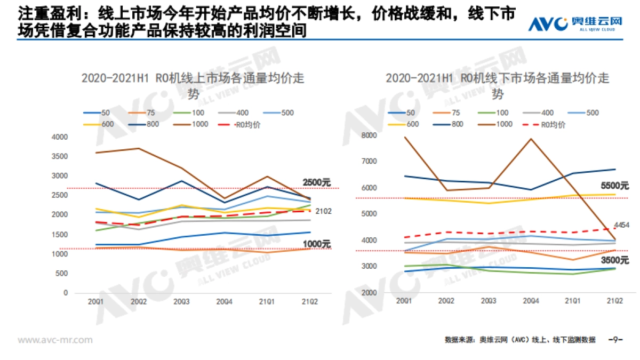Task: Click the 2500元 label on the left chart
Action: pos(317,182)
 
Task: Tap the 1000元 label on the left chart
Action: pos(317,244)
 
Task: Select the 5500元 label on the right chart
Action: pos(614,186)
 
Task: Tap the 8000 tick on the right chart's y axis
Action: pos(369,135)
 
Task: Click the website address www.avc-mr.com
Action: pos(55,340)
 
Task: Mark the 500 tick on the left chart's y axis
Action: pos(62,273)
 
